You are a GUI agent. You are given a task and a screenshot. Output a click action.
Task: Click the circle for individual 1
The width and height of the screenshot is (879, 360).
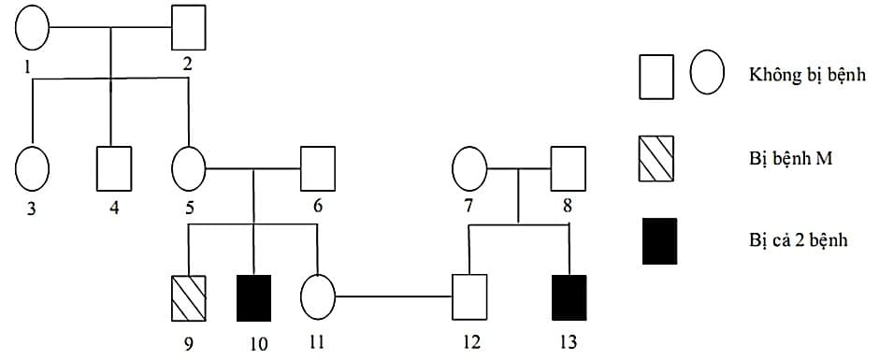[x=32, y=28]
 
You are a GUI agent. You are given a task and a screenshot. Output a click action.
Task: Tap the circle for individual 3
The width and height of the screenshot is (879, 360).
[x=32, y=169]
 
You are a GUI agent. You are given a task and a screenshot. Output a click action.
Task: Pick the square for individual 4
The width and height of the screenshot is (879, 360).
[x=114, y=169]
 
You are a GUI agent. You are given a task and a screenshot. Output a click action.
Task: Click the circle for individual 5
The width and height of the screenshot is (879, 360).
[x=189, y=169]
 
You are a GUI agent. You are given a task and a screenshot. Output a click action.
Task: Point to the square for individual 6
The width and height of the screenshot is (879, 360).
[x=317, y=169]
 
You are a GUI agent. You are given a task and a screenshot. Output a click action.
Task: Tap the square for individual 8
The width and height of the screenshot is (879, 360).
[x=568, y=169]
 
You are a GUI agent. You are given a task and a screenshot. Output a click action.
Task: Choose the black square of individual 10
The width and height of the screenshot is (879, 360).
[x=253, y=298]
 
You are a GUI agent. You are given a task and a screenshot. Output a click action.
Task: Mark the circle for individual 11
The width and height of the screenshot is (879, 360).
[x=318, y=298]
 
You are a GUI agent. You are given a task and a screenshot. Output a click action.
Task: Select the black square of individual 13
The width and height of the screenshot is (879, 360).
[x=569, y=298]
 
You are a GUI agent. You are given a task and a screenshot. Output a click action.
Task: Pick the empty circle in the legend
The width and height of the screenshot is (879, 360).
[x=707, y=75]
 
